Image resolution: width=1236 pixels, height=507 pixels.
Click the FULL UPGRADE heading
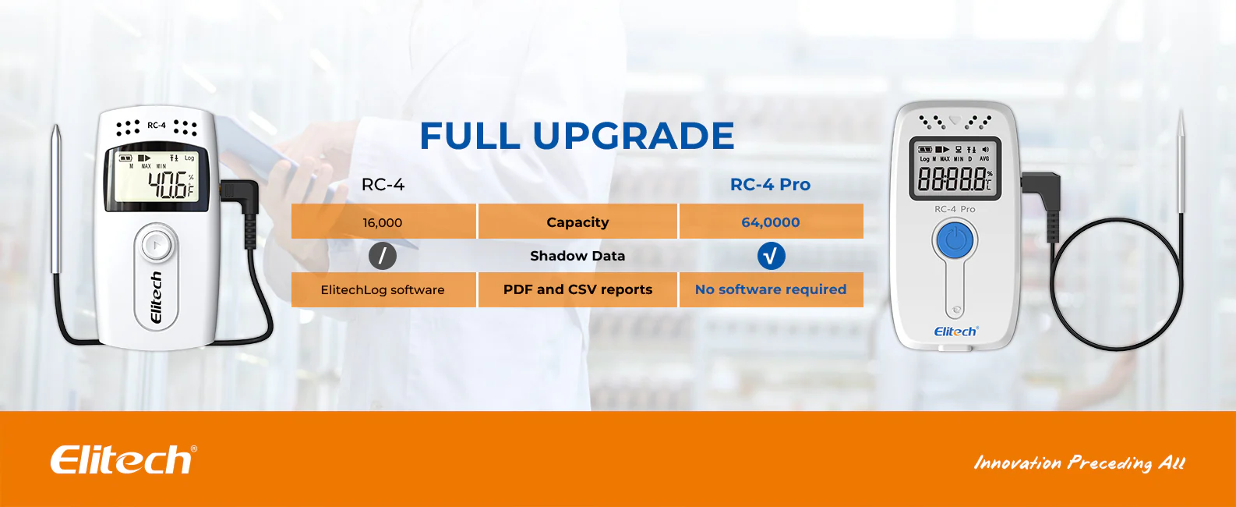[577, 135]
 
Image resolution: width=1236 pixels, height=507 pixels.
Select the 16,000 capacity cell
[383, 222]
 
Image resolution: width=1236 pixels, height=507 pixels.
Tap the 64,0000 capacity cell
[771, 222]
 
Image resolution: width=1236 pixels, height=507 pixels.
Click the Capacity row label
[577, 222]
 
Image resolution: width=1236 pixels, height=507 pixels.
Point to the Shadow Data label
[577, 256]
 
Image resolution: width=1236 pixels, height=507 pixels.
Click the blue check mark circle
[771, 256]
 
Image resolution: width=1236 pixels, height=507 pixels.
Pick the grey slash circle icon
[383, 256]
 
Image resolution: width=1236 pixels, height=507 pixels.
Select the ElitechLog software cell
[383, 289]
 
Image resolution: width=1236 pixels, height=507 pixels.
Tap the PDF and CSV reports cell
[577, 289]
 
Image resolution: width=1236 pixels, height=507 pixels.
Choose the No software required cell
[771, 289]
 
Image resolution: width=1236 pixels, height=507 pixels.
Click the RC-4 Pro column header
[770, 184]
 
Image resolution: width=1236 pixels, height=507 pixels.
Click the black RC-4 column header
[383, 184]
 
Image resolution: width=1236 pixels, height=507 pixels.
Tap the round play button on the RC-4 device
[157, 244]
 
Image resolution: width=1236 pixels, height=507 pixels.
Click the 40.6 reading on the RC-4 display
[168, 184]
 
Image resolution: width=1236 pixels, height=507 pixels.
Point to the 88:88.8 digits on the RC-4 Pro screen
[952, 179]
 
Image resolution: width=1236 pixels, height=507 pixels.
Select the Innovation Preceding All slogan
[1079, 463]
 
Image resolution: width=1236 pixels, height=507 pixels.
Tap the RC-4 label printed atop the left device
[156, 126]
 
